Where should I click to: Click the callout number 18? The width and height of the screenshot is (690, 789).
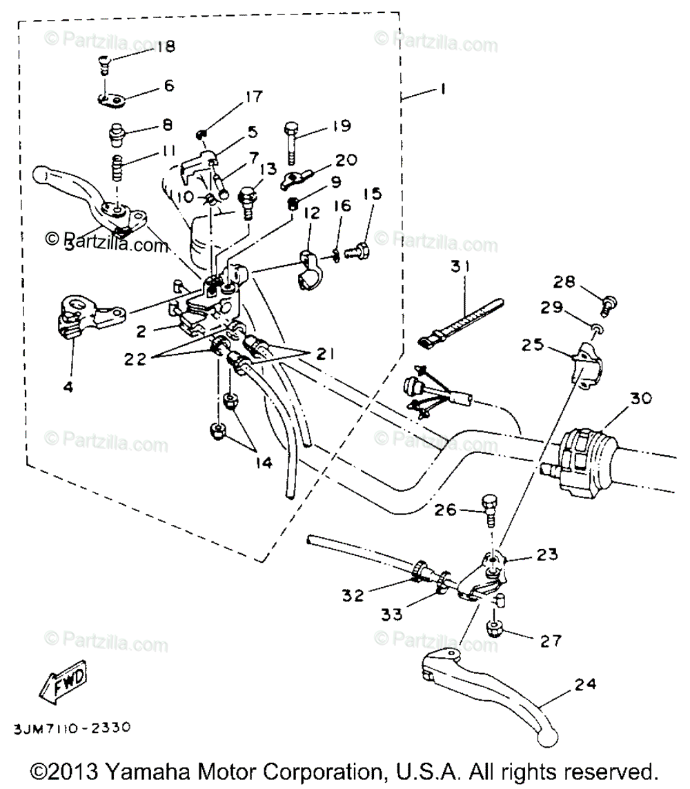point(166,47)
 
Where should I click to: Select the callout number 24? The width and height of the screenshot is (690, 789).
point(584,684)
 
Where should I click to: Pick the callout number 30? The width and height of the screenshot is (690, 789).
point(640,399)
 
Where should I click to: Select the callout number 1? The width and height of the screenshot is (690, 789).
point(442,89)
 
